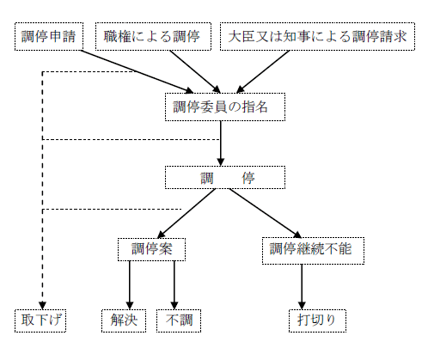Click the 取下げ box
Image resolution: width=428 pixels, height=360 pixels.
point(42,320)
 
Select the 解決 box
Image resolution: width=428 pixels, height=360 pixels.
point(124,320)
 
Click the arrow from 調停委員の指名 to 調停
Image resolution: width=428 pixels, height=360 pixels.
point(221,141)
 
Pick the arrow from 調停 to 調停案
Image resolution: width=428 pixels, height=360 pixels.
point(187,212)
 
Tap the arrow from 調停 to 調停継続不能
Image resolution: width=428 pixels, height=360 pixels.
point(265,212)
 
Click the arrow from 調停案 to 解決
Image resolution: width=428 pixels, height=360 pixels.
point(130,284)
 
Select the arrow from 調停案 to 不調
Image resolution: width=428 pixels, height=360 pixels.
point(174,284)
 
